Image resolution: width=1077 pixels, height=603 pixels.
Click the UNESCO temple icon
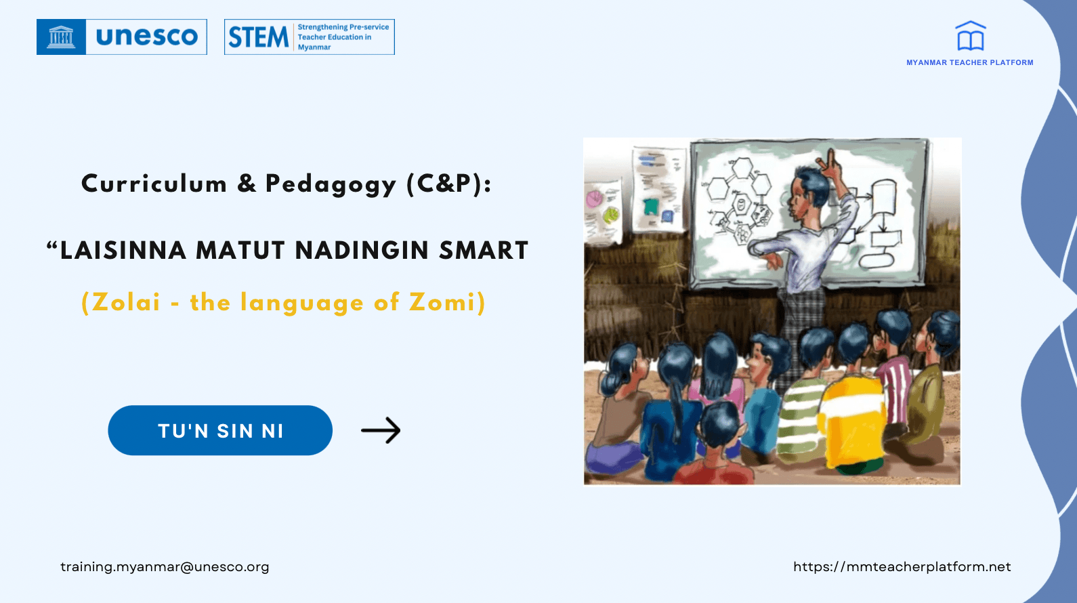(61, 37)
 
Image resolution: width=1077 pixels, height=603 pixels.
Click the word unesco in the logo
(146, 37)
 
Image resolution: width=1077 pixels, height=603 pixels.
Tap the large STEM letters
(258, 37)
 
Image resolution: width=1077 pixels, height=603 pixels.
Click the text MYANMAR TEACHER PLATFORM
(970, 62)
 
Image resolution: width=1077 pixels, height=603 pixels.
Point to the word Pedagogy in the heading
(331, 184)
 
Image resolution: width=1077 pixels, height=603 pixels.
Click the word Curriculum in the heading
(154, 183)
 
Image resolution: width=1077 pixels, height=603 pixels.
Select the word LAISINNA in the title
(123, 251)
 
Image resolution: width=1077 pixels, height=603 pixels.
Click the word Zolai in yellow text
(126, 302)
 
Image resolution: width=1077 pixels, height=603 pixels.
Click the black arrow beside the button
(380, 430)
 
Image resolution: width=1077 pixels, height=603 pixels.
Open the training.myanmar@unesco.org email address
(165, 567)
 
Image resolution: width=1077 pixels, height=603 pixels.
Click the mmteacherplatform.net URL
(902, 567)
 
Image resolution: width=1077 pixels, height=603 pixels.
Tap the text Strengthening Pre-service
(343, 27)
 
